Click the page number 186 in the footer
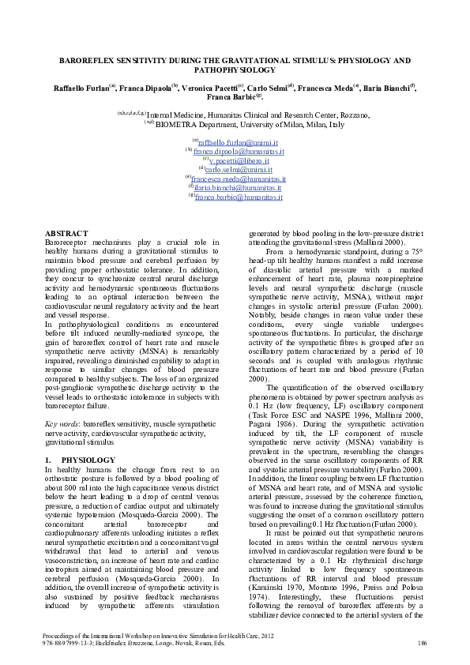(423, 644)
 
